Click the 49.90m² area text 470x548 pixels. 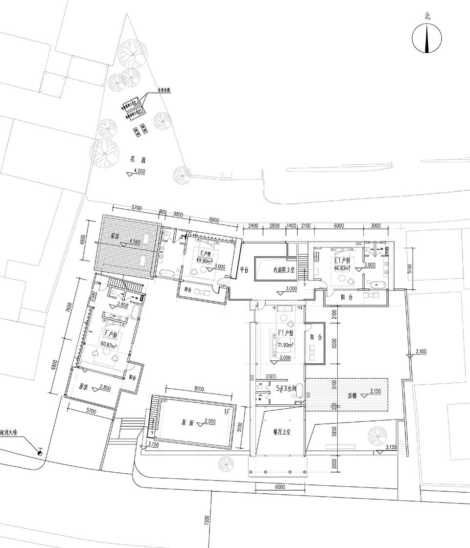(x=204, y=261)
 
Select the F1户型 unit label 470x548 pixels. (x=285, y=333)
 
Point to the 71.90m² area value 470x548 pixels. (x=285, y=345)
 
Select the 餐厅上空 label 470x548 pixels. (x=282, y=432)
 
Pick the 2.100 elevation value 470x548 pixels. (x=422, y=351)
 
